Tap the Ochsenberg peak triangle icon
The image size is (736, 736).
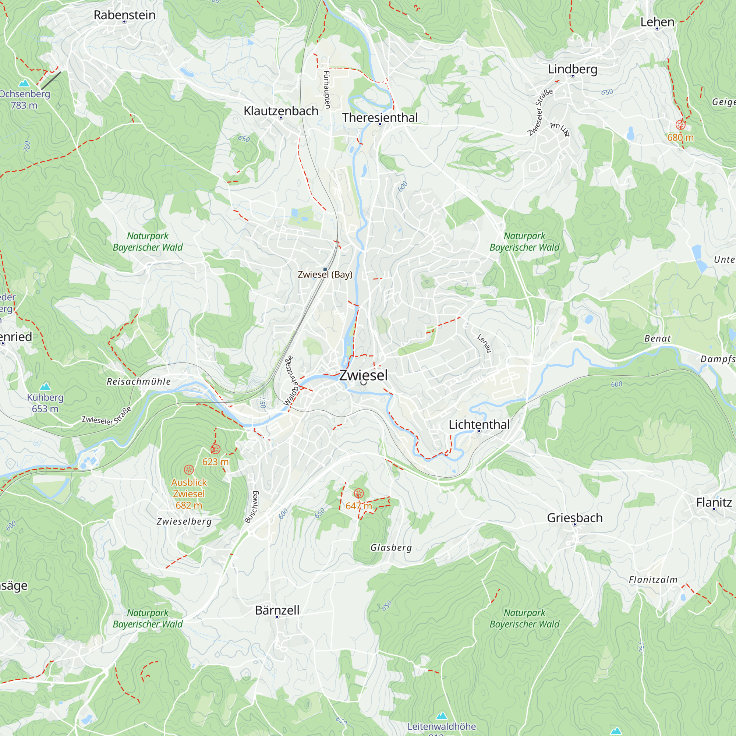coord(24,83)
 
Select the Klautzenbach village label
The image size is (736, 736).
coord(281,111)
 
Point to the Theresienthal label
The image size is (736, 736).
coord(379,118)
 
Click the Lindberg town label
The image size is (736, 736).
coord(572,69)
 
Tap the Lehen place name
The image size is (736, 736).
coord(657,22)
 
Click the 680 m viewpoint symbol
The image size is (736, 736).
coord(680,125)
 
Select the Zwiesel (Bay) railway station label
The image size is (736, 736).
coord(325,274)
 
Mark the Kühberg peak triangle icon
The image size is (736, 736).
coord(45,386)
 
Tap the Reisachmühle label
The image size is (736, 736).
coord(139,381)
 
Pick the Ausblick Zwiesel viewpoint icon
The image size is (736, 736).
coord(189,469)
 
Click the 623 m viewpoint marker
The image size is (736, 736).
coord(215,449)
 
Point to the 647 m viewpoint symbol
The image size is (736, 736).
coord(358,493)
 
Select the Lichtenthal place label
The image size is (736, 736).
coord(479,424)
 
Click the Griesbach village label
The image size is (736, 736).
coord(574,518)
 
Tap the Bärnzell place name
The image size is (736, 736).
coord(277,610)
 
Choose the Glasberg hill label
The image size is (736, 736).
coord(391,548)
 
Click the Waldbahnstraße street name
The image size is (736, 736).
coord(289,381)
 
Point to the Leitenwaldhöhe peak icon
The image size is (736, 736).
coord(442,716)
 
